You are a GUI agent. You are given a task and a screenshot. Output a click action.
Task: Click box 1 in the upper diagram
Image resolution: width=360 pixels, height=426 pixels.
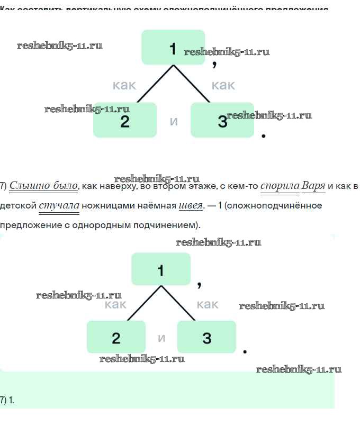[x=173, y=48]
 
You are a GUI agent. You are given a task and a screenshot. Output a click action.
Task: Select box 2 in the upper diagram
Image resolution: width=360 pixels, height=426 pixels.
[x=125, y=121]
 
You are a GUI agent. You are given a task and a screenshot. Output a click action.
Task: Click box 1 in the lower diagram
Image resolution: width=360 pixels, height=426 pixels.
[x=161, y=270]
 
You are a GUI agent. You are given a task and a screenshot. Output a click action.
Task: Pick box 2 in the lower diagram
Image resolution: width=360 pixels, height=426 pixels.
[x=116, y=337]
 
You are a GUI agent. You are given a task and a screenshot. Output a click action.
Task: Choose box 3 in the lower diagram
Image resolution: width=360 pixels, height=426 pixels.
[x=206, y=337]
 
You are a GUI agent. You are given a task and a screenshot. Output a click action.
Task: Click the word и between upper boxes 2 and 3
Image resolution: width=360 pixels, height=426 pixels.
[x=174, y=121]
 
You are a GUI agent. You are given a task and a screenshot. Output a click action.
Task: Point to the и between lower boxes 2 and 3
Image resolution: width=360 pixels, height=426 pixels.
[x=162, y=338]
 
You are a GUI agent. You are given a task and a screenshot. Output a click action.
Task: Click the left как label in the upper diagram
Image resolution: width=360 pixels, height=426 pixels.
[x=124, y=85]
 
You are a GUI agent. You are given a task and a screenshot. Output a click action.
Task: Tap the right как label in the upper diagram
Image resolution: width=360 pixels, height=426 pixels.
[x=223, y=85]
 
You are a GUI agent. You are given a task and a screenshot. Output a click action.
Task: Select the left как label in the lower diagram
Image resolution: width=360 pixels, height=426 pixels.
[x=115, y=304]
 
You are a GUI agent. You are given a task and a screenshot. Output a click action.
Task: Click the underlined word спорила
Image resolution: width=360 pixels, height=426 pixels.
[x=280, y=186]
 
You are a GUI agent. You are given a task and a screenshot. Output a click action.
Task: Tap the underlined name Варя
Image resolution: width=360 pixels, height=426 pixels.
[x=313, y=186]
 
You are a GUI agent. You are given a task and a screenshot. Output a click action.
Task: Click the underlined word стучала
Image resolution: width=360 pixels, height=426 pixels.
[x=59, y=205]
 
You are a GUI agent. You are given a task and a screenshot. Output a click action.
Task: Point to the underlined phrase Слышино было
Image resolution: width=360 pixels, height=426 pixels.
[x=44, y=186]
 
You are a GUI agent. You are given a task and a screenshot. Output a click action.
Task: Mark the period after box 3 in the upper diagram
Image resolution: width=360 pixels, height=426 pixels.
[x=263, y=137]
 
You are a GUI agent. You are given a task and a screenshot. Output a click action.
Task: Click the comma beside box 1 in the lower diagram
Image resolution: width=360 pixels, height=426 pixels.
[x=199, y=285]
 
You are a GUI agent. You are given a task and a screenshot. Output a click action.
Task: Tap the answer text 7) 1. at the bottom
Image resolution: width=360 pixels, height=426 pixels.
[x=7, y=400]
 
